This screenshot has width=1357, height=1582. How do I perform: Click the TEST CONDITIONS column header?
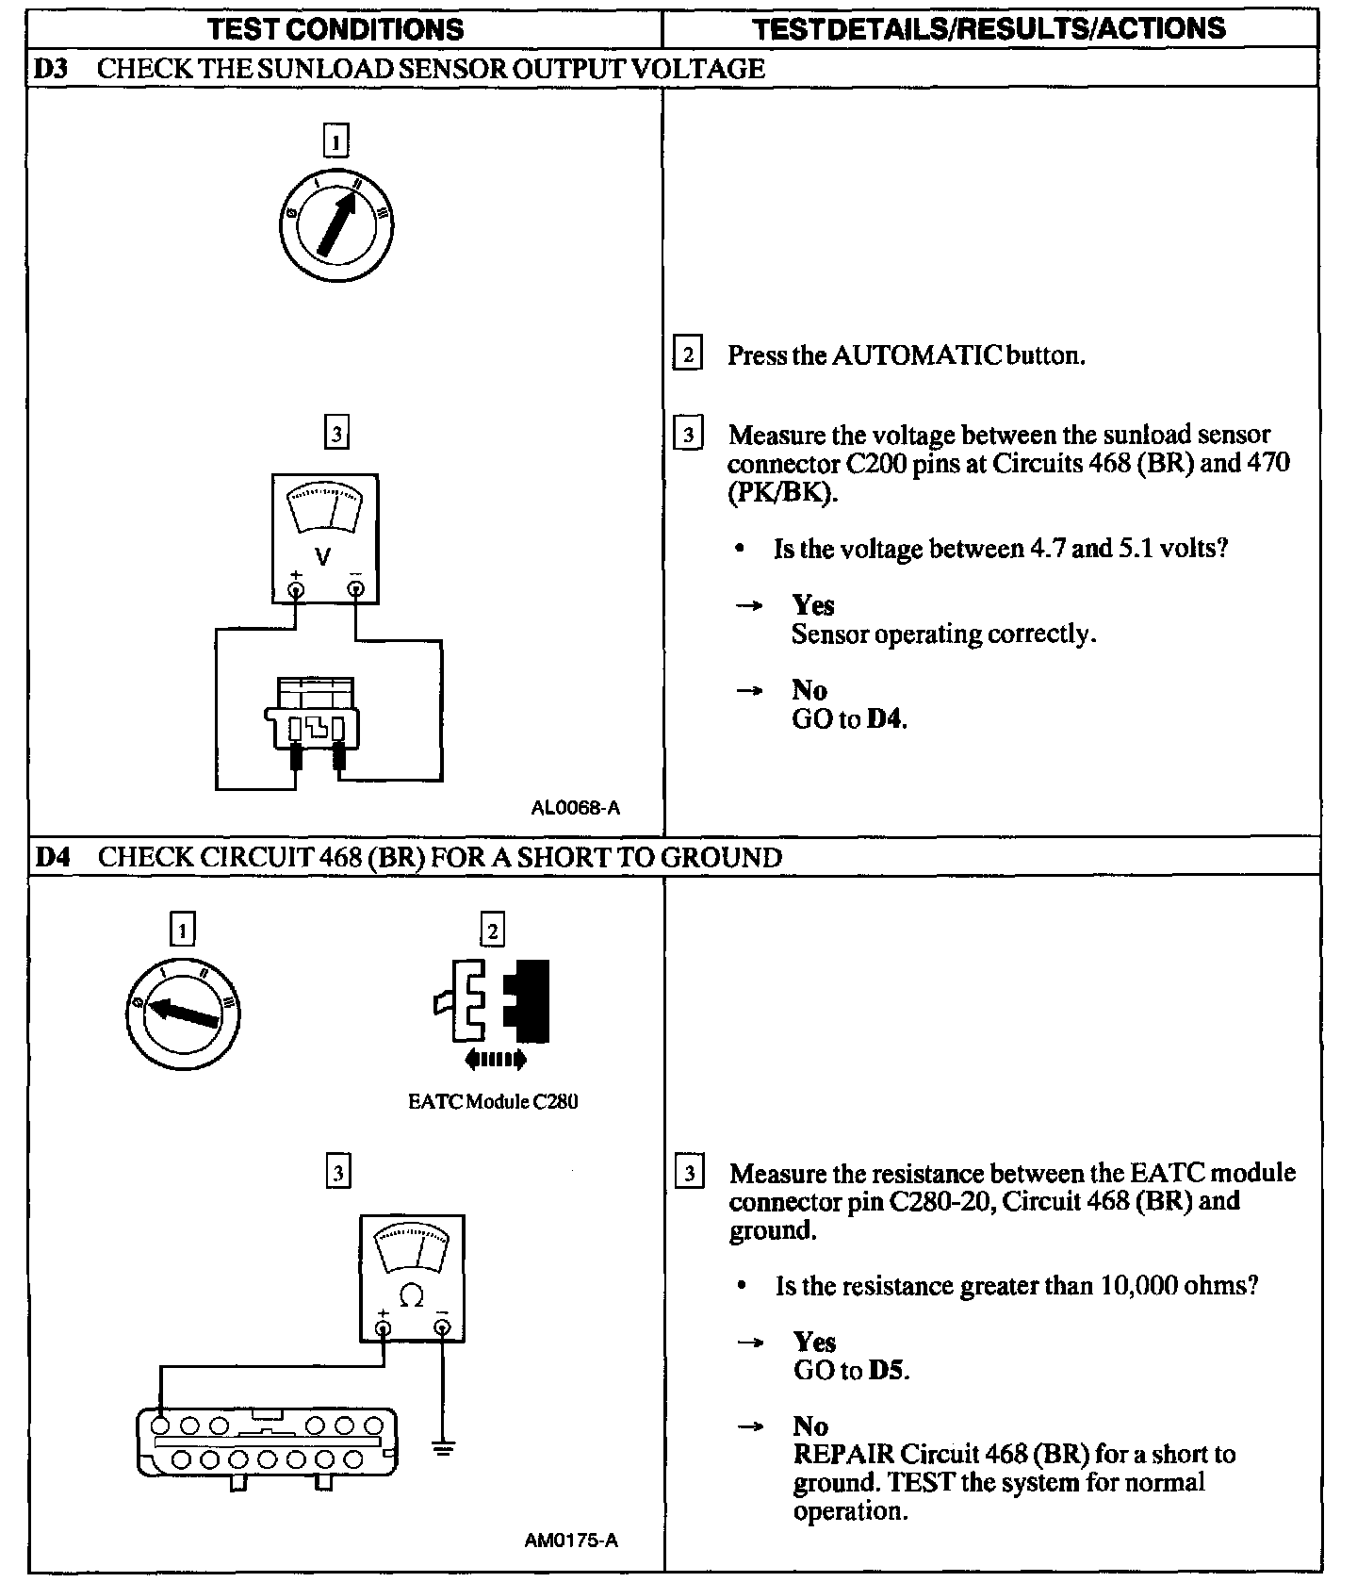pyautogui.click(x=335, y=28)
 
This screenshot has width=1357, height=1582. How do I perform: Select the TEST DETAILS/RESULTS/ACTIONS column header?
pyautogui.click(x=989, y=28)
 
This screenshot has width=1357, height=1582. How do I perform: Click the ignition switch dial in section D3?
pyautogui.click(x=336, y=226)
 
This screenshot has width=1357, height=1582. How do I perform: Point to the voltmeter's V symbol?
pyautogui.click(x=323, y=556)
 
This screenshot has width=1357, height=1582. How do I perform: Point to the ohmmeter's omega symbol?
pyautogui.click(x=411, y=1297)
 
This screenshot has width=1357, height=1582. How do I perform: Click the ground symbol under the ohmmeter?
pyautogui.click(x=442, y=1446)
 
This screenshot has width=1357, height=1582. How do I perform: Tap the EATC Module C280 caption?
pyautogui.click(x=493, y=1101)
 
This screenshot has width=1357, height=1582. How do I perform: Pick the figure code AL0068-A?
pyautogui.click(x=576, y=808)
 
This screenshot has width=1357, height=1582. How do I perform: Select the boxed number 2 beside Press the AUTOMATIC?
pyautogui.click(x=688, y=355)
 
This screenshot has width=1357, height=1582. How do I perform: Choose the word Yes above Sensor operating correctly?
pyautogui.click(x=813, y=604)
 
